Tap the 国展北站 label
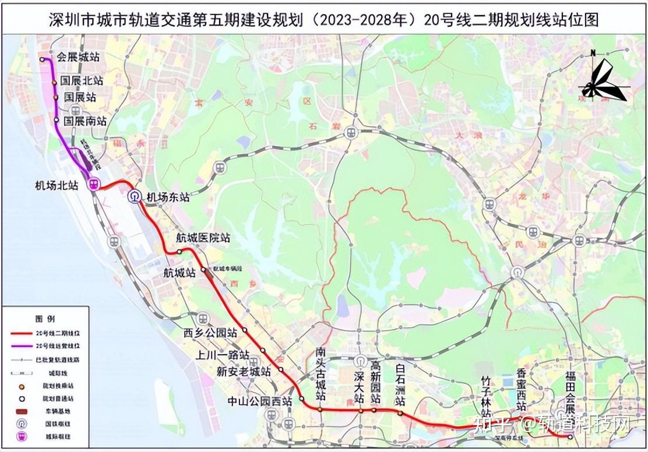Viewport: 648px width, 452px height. coord(82,81)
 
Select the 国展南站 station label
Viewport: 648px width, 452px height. coord(85,121)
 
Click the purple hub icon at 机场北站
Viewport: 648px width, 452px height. coord(93,184)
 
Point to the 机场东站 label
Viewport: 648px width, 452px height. coord(168,197)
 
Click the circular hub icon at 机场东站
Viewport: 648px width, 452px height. coord(135,196)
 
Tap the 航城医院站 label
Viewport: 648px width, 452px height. coord(203,238)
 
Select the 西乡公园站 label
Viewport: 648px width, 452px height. coord(210,333)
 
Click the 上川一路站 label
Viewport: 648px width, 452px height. coord(223,355)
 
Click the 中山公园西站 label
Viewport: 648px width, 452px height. coord(260,401)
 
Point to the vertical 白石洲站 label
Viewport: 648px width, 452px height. coord(400,385)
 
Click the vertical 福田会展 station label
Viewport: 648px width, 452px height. coord(569,397)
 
